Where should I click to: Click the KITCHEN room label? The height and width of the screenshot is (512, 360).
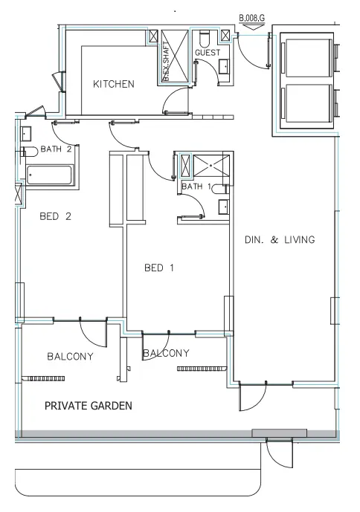pyautogui.click(x=113, y=84)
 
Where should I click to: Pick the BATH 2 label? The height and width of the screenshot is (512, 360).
pyautogui.click(x=56, y=149)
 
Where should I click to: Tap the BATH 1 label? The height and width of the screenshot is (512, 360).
pyautogui.click(x=197, y=186)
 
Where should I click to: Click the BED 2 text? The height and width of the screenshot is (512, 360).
pyautogui.click(x=55, y=217)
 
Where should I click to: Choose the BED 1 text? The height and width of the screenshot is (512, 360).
pyautogui.click(x=159, y=268)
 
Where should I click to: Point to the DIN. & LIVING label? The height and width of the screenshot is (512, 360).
pyautogui.click(x=280, y=240)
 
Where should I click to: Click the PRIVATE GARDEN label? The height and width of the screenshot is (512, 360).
pyautogui.click(x=89, y=406)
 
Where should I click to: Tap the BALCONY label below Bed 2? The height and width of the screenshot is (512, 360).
pyautogui.click(x=70, y=357)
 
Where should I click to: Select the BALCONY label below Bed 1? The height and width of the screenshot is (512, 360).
pyautogui.click(x=166, y=353)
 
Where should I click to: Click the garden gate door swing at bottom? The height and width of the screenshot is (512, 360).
pyautogui.click(x=281, y=453)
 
